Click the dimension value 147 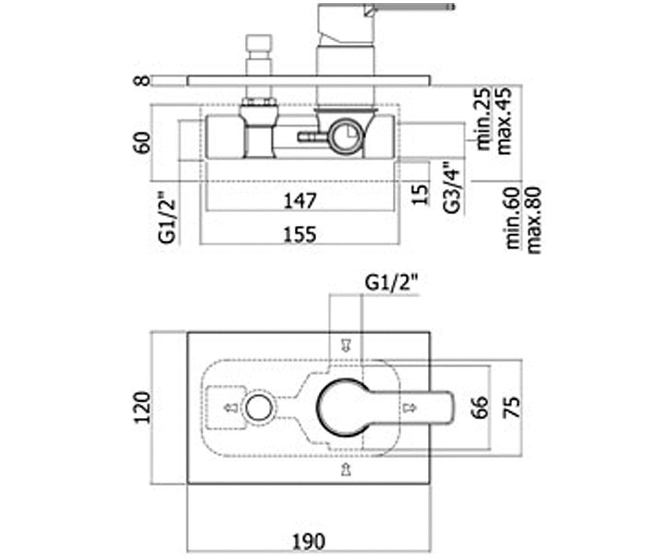coord(300,201)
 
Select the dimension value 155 coord(300,235)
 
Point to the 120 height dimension coord(142,408)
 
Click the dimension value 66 coord(481,408)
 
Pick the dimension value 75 coord(512,408)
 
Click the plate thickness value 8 coord(142,80)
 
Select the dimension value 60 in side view coord(142,142)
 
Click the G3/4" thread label coord(452,188)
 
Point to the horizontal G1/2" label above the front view coord(391,283)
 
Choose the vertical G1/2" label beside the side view coord(167,218)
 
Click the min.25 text coord(484,119)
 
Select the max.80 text coord(534,221)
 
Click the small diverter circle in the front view coord(259,408)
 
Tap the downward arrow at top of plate coord(346,346)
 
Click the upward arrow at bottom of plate coord(346,469)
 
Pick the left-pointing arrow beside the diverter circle coord(231,408)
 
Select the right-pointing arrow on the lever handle coord(410,408)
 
